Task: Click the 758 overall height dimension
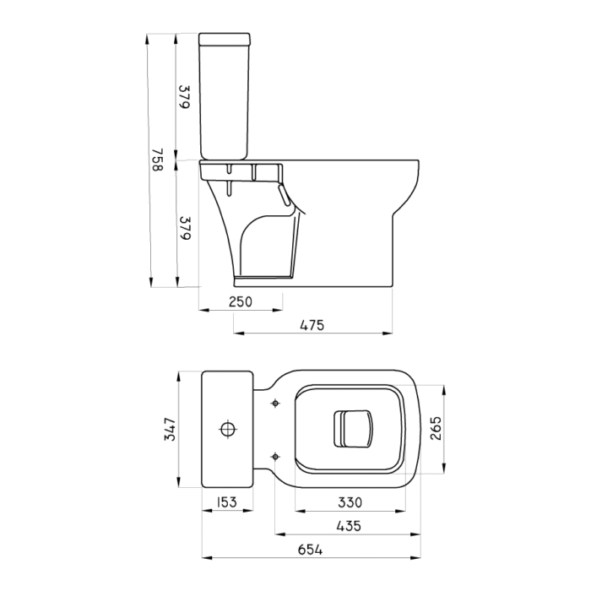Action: (158, 160)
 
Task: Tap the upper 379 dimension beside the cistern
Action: (184, 97)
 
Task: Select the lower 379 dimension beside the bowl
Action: (185, 228)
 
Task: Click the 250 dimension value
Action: (241, 302)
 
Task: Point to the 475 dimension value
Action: (312, 325)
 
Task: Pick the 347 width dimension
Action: (170, 429)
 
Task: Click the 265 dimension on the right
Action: (436, 429)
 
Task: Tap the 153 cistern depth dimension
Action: (227, 502)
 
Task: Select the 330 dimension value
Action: (350, 502)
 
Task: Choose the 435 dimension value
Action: (349, 526)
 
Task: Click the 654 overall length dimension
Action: (310, 550)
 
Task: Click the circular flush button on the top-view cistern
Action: (228, 429)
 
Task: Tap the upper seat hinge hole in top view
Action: (275, 404)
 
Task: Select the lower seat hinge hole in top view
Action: (275, 457)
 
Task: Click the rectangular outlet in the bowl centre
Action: (353, 429)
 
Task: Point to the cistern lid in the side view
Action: (225, 39)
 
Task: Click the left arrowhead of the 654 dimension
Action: (207, 557)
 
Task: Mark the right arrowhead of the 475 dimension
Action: (388, 333)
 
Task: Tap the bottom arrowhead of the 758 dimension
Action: (151, 282)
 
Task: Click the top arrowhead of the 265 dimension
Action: (444, 390)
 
